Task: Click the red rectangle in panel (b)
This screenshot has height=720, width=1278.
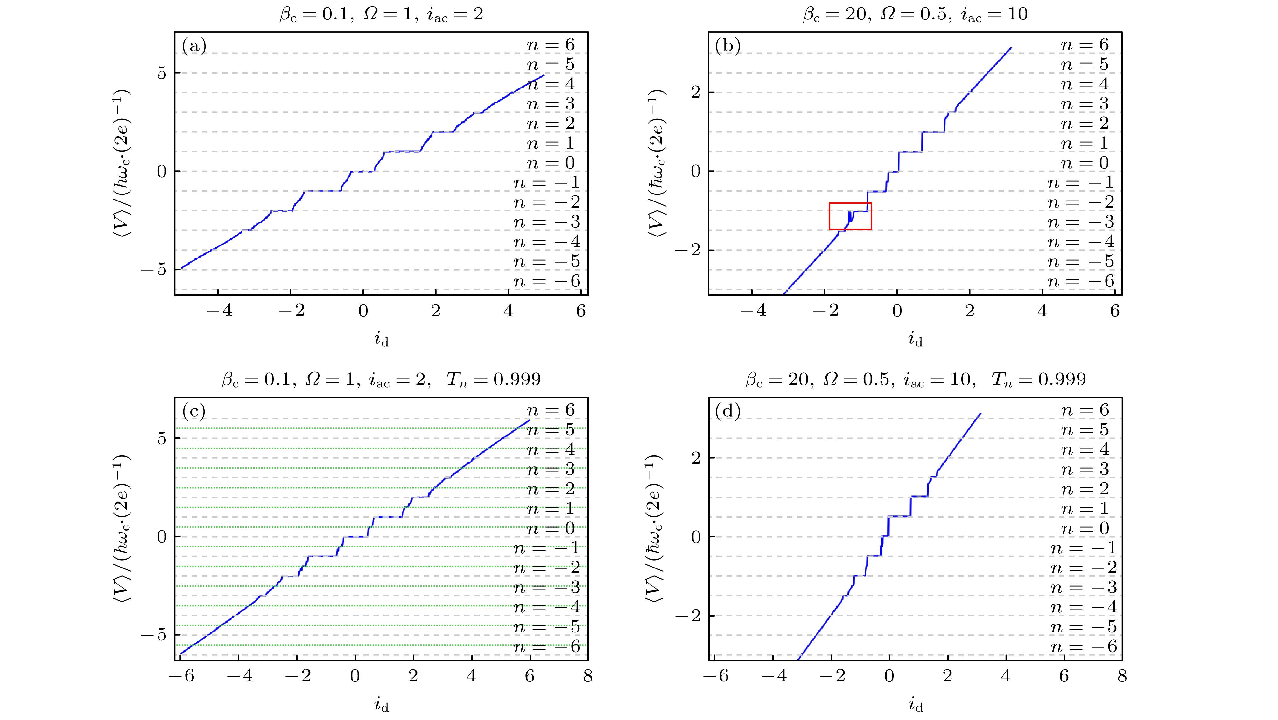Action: click(850, 216)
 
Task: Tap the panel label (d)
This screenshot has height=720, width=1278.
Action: click(728, 411)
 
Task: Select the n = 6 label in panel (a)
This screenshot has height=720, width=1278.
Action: click(550, 45)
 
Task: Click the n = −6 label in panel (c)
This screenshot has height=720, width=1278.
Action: click(547, 646)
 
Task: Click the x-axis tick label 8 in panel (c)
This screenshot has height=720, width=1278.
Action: click(588, 676)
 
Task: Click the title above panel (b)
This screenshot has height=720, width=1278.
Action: click(915, 14)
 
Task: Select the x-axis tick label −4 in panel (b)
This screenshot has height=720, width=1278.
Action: click(752, 311)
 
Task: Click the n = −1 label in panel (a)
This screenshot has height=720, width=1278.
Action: click(547, 183)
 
